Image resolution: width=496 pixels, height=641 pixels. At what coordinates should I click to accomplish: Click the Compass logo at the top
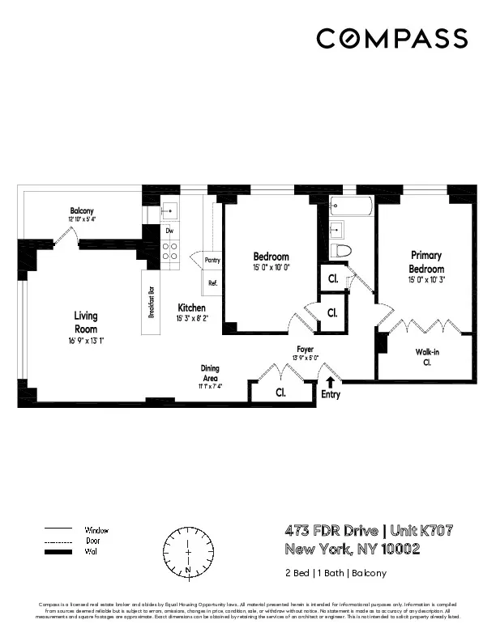pyautogui.click(x=391, y=38)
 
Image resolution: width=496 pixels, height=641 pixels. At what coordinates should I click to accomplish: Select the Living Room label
pyautogui.click(x=86, y=322)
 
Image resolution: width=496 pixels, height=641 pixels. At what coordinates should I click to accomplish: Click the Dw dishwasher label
pyautogui.click(x=169, y=231)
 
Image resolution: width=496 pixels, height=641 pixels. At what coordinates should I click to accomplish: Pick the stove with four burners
pyautogui.click(x=171, y=252)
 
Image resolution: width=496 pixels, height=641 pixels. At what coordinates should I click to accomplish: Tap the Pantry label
pyautogui.click(x=212, y=261)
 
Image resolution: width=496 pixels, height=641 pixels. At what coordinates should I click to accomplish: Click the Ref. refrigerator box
pyautogui.click(x=213, y=283)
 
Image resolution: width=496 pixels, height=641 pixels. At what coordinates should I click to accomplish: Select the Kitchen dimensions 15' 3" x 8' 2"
pyautogui.click(x=192, y=319)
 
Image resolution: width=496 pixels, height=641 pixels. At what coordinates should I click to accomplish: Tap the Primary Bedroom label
pyautogui.click(x=426, y=261)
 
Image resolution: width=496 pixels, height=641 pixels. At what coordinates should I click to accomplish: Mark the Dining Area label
pyautogui.click(x=210, y=373)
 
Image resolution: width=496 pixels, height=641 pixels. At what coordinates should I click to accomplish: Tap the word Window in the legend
pyautogui.click(x=96, y=530)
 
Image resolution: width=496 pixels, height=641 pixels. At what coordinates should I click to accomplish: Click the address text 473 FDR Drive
pyautogui.click(x=331, y=531)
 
